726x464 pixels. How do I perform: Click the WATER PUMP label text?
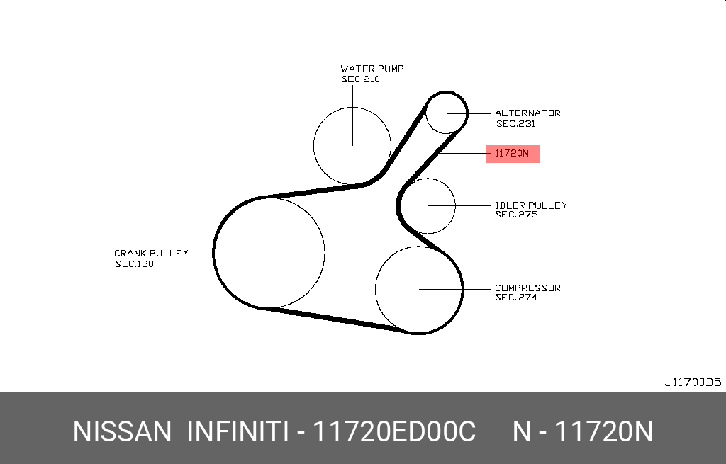372,69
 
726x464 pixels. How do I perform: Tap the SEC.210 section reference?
361,79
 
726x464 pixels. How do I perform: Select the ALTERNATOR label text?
527,113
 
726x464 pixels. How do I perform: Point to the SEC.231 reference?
516,123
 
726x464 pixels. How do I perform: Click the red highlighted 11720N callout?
512,153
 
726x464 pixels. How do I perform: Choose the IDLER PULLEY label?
531,205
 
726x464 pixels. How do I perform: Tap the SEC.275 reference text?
517,215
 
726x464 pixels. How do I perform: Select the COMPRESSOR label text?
527,288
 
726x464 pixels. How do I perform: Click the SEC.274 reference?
517,298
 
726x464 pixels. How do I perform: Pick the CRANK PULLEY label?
152,253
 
